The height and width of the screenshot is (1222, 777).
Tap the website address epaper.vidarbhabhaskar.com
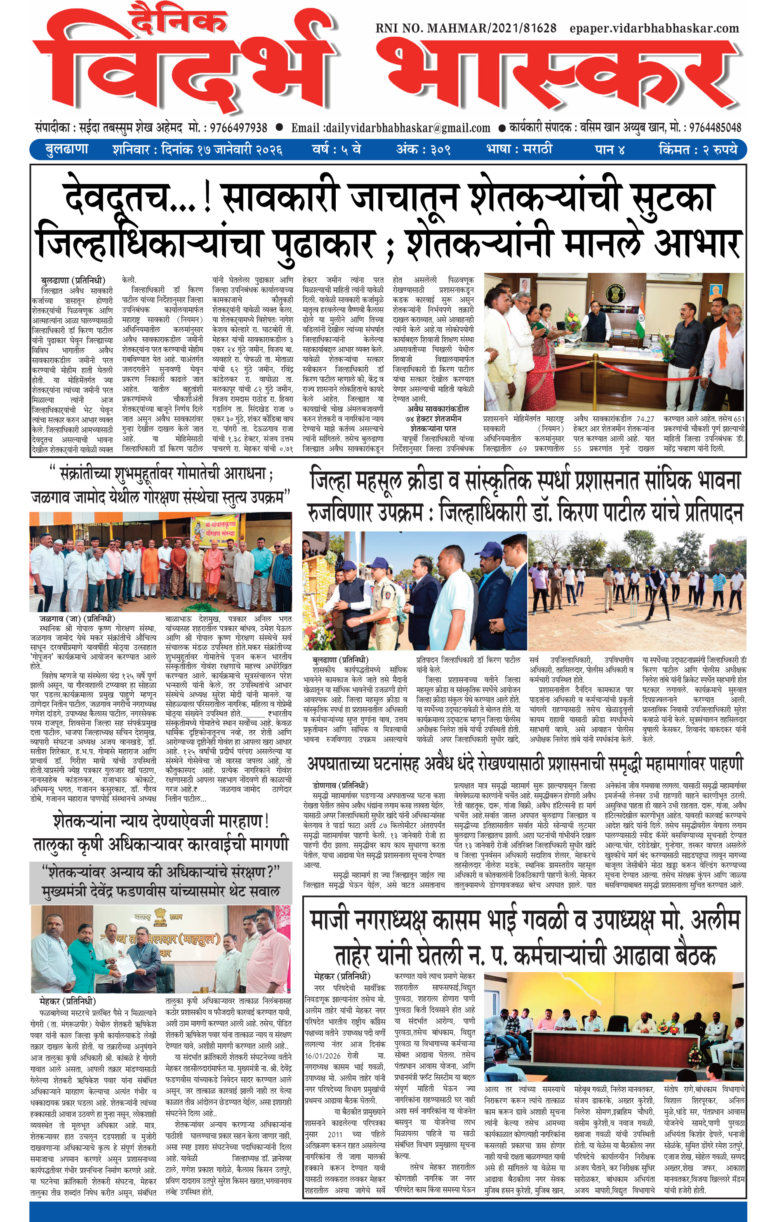pos(654,28)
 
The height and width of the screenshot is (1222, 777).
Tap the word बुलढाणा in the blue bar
pos(66,150)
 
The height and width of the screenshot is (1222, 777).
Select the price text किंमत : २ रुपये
pos(697,150)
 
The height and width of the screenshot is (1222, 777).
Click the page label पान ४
pos(610,150)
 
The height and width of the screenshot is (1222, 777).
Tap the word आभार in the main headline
pos(698,242)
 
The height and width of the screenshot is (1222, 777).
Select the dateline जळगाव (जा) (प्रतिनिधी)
pos(77,618)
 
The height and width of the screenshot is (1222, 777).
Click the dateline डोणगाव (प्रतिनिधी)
pos(340,785)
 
